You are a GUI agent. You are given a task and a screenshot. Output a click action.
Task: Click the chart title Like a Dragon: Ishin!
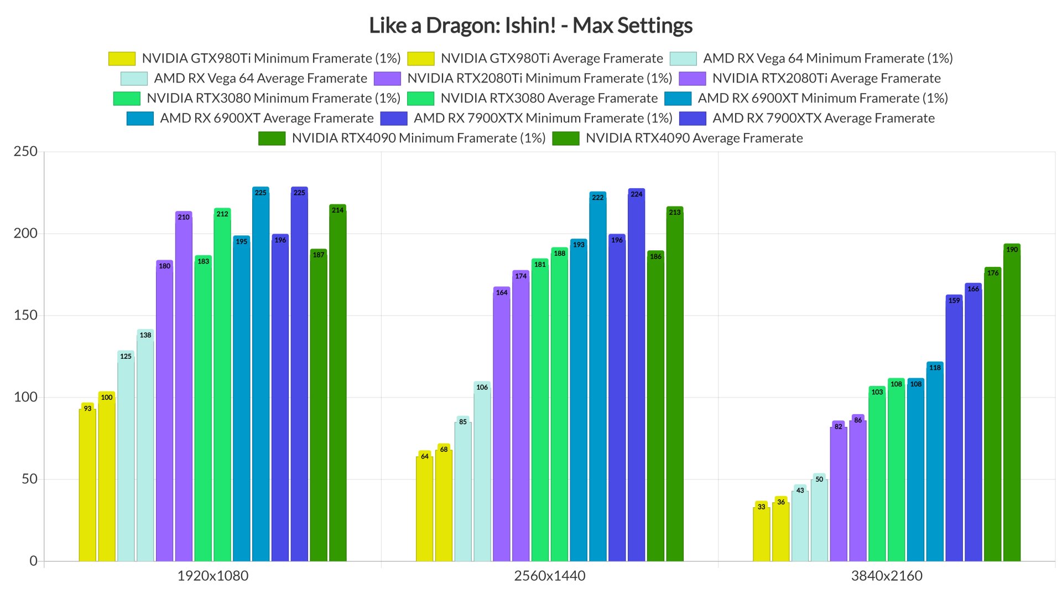click(530, 25)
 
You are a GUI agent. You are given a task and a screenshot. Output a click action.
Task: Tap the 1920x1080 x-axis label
click(212, 576)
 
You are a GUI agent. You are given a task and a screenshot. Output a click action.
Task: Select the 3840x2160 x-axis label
click(887, 576)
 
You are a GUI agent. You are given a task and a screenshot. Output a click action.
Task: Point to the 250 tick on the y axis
click(25, 151)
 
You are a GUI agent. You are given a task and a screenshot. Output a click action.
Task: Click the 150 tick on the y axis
click(25, 315)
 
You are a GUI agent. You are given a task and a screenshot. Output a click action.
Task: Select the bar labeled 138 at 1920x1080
click(145, 448)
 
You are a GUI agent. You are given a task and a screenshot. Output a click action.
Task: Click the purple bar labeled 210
click(184, 388)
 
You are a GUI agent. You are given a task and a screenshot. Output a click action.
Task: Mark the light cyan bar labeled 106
click(482, 476)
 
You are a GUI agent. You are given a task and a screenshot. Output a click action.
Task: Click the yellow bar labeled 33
click(761, 534)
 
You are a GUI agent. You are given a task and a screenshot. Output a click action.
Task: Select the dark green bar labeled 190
click(1012, 404)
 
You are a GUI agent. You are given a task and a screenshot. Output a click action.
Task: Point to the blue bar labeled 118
click(935, 465)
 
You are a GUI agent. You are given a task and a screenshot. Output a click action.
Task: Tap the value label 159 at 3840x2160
click(954, 301)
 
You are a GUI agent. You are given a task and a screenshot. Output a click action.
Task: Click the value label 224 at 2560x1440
click(637, 194)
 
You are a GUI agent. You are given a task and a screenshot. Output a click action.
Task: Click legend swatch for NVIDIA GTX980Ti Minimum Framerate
click(122, 59)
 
